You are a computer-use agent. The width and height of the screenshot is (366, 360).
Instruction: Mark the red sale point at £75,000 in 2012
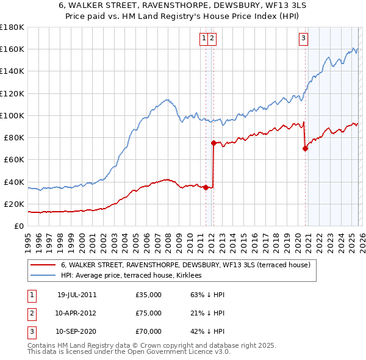[x=213, y=143]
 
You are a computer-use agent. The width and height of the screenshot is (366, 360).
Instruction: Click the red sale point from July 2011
[x=206, y=187]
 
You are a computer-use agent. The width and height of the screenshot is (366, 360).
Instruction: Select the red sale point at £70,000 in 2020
[x=305, y=148]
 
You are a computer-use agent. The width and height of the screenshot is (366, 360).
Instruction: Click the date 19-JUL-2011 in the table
[x=77, y=295]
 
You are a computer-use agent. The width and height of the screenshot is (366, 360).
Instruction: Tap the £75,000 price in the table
[x=149, y=313]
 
